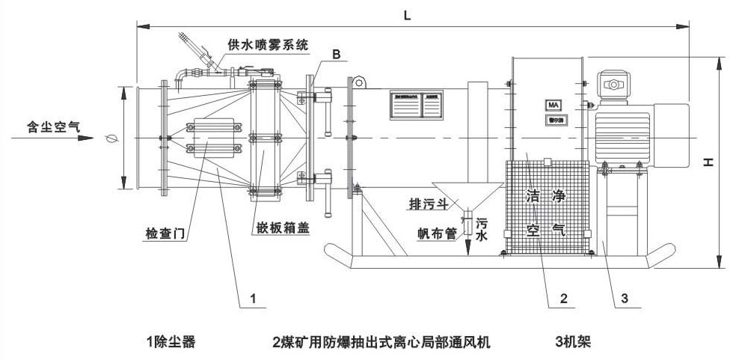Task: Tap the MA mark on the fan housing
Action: (554, 105)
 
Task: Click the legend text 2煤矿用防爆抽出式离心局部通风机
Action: (381, 342)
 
